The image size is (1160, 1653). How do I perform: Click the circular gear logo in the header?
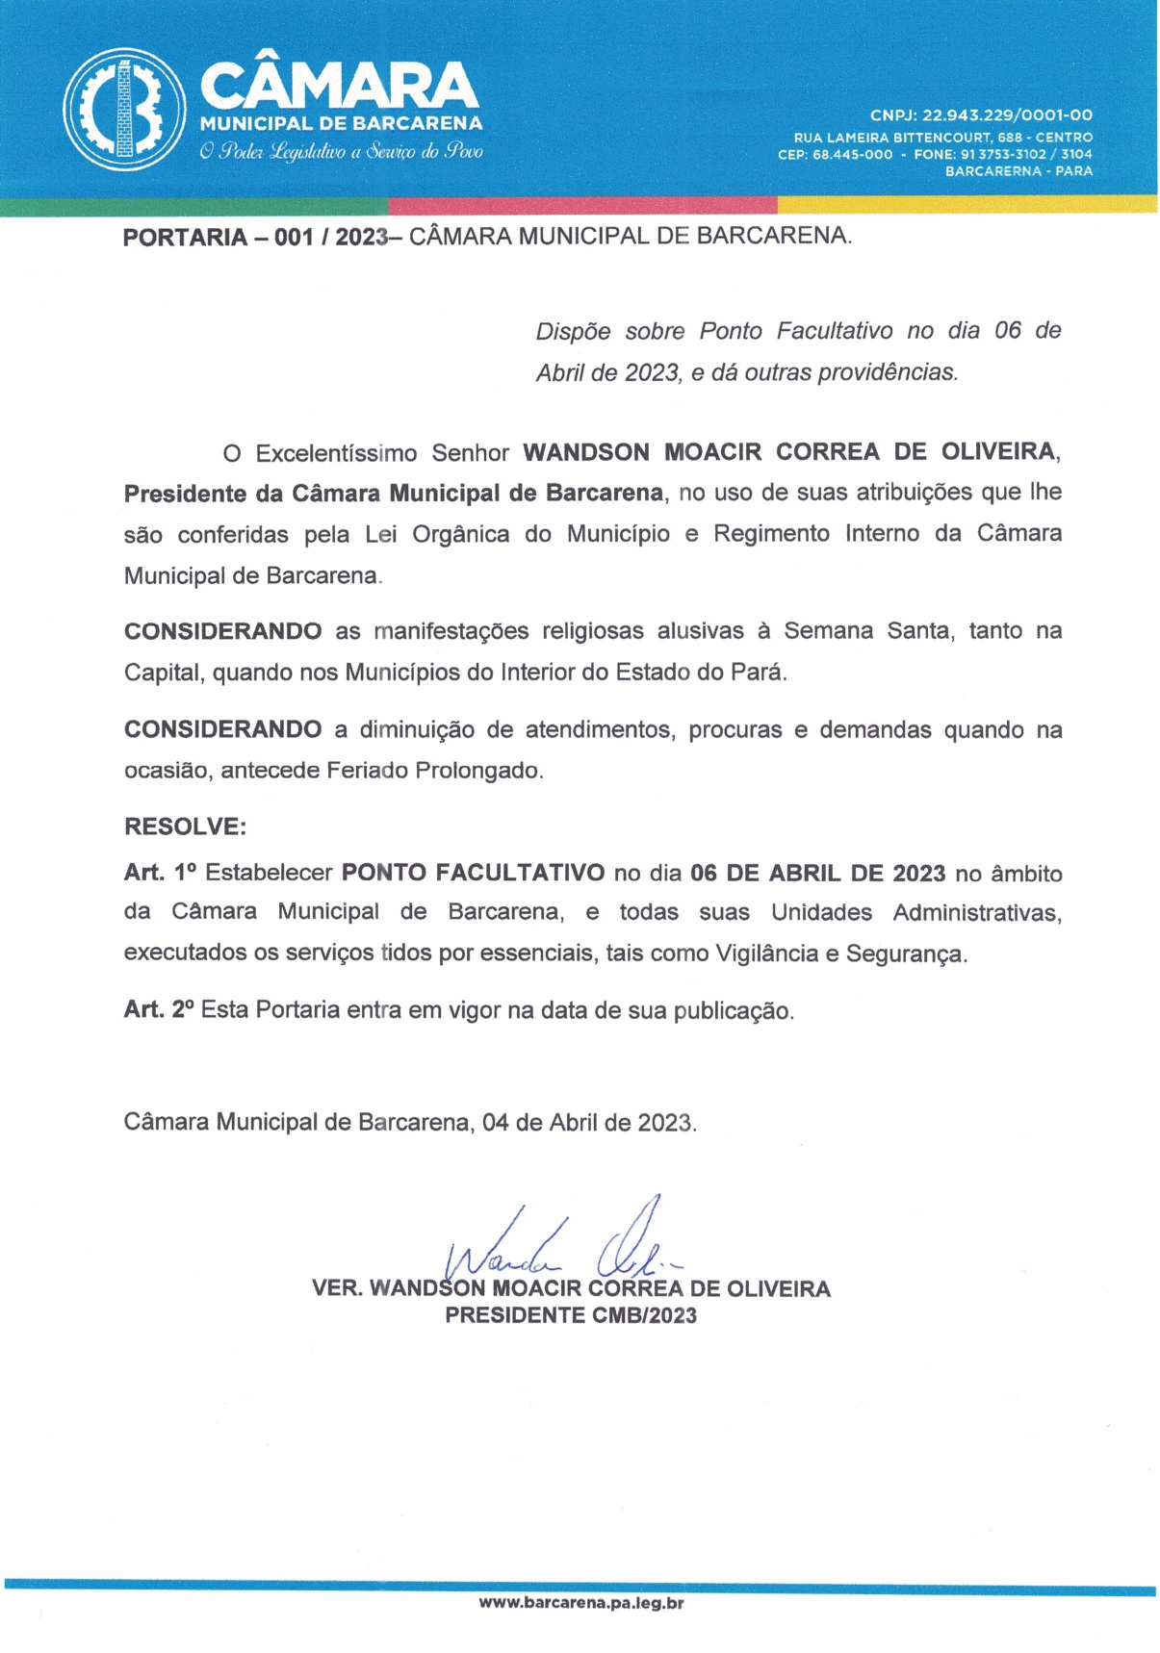[124, 109]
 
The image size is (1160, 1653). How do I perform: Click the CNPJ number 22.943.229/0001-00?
[1007, 115]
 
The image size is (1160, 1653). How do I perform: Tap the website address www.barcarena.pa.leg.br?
[581, 1602]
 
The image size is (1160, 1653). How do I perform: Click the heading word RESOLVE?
[185, 826]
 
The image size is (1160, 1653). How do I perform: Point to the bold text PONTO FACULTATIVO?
[473, 873]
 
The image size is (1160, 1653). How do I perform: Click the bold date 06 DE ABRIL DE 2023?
[817, 873]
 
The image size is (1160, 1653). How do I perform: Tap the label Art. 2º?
[159, 1009]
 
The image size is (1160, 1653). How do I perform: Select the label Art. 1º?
[160, 873]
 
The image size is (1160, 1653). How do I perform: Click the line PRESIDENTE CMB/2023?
[570, 1315]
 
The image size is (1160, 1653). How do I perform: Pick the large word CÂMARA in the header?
[339, 87]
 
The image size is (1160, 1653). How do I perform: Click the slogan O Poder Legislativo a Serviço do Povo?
[341, 151]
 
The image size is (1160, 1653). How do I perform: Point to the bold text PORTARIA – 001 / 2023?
[255, 237]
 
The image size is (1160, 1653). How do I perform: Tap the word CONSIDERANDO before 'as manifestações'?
[222, 631]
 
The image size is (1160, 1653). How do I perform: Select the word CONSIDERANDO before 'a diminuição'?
[222, 729]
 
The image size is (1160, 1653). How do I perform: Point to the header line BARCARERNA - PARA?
[1018, 170]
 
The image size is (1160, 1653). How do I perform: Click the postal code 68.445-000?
[852, 154]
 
